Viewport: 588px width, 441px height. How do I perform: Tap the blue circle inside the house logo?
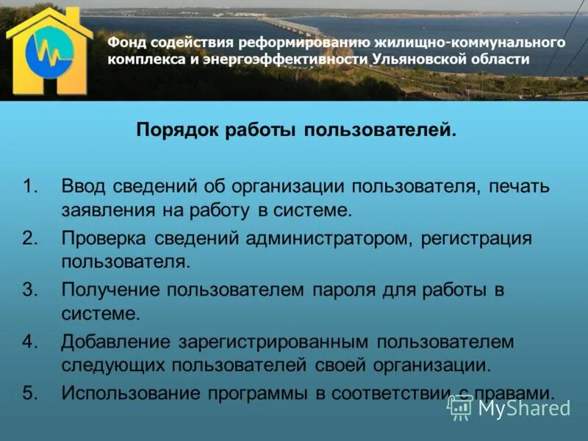tap(51, 57)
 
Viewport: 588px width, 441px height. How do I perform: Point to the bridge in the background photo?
tap(294, 25)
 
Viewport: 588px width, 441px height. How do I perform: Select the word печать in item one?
tap(519, 186)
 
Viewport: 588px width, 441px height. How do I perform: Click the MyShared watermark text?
tap(523, 408)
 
